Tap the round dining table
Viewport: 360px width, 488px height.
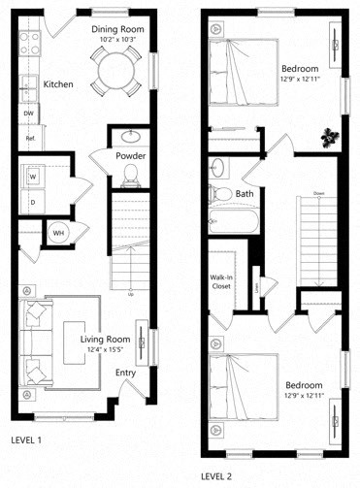click(x=115, y=70)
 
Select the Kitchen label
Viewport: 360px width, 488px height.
click(x=58, y=84)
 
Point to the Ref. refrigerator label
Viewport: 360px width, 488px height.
click(x=30, y=139)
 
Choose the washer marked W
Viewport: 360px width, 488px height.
click(x=33, y=177)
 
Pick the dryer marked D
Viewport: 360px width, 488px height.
click(x=33, y=201)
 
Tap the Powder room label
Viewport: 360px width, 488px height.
click(x=131, y=155)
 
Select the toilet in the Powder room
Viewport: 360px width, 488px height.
click(x=131, y=176)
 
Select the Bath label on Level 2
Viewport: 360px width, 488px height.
click(x=245, y=194)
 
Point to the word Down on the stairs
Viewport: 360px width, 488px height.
click(x=318, y=194)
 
